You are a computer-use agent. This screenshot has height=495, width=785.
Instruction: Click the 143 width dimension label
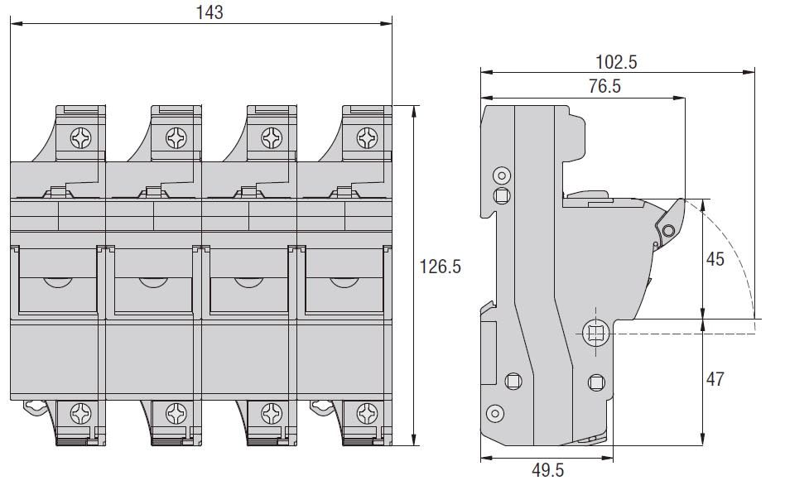click(x=209, y=12)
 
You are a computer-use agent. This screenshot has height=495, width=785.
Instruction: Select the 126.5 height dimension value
click(x=440, y=267)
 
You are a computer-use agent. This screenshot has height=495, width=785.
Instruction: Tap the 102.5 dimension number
click(x=616, y=62)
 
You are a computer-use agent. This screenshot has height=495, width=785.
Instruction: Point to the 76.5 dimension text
click(x=604, y=86)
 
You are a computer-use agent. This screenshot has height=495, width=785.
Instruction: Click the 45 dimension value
click(x=715, y=259)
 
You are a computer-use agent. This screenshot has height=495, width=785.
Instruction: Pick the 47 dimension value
click(x=715, y=379)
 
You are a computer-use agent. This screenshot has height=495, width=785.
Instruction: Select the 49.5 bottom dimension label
click(x=547, y=470)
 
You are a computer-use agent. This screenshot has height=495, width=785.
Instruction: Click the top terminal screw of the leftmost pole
click(x=80, y=138)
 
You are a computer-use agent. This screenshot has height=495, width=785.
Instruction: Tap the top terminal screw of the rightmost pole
click(x=367, y=138)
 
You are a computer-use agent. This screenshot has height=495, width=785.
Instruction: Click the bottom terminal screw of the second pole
click(x=176, y=414)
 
